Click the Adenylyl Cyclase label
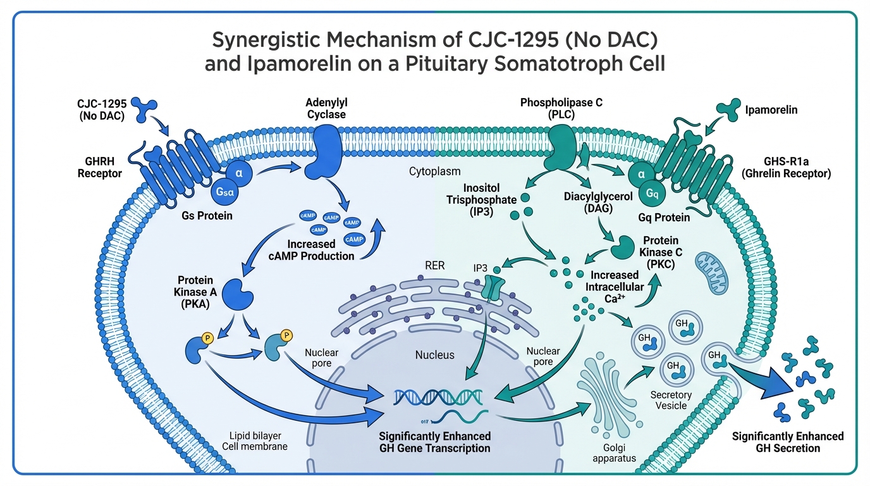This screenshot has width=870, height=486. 326,108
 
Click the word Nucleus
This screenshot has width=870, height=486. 434,355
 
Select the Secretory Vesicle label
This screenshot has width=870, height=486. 671,400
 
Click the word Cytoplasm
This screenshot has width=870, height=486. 434,171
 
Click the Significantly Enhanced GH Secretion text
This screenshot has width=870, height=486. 787,442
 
